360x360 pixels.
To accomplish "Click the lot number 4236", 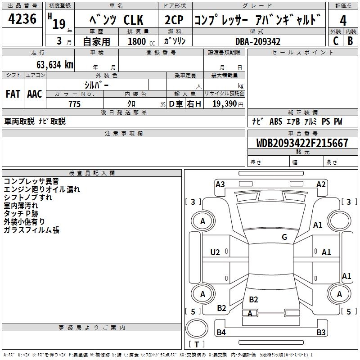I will click(x=22, y=19).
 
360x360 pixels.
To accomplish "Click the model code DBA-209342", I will click(x=258, y=41).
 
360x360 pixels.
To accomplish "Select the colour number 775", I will click(x=75, y=104).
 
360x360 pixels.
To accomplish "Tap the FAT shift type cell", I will click(x=13, y=94).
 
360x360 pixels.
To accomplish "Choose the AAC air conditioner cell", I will click(x=35, y=94).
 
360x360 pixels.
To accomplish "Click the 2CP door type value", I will click(x=174, y=20).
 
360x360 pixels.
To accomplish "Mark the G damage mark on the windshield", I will click(x=284, y=237).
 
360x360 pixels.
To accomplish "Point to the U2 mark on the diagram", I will click(x=215, y=252).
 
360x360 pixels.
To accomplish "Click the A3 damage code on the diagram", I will click(x=220, y=184).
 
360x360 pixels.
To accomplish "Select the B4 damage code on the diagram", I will click(x=221, y=333).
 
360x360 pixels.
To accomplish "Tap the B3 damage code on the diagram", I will click(x=321, y=333).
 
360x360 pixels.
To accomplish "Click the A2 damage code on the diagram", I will click(x=321, y=184).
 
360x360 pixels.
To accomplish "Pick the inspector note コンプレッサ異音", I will click(x=31, y=181).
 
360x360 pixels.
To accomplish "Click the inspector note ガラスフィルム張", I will click(x=31, y=230).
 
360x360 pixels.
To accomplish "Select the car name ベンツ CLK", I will click(x=117, y=20).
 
